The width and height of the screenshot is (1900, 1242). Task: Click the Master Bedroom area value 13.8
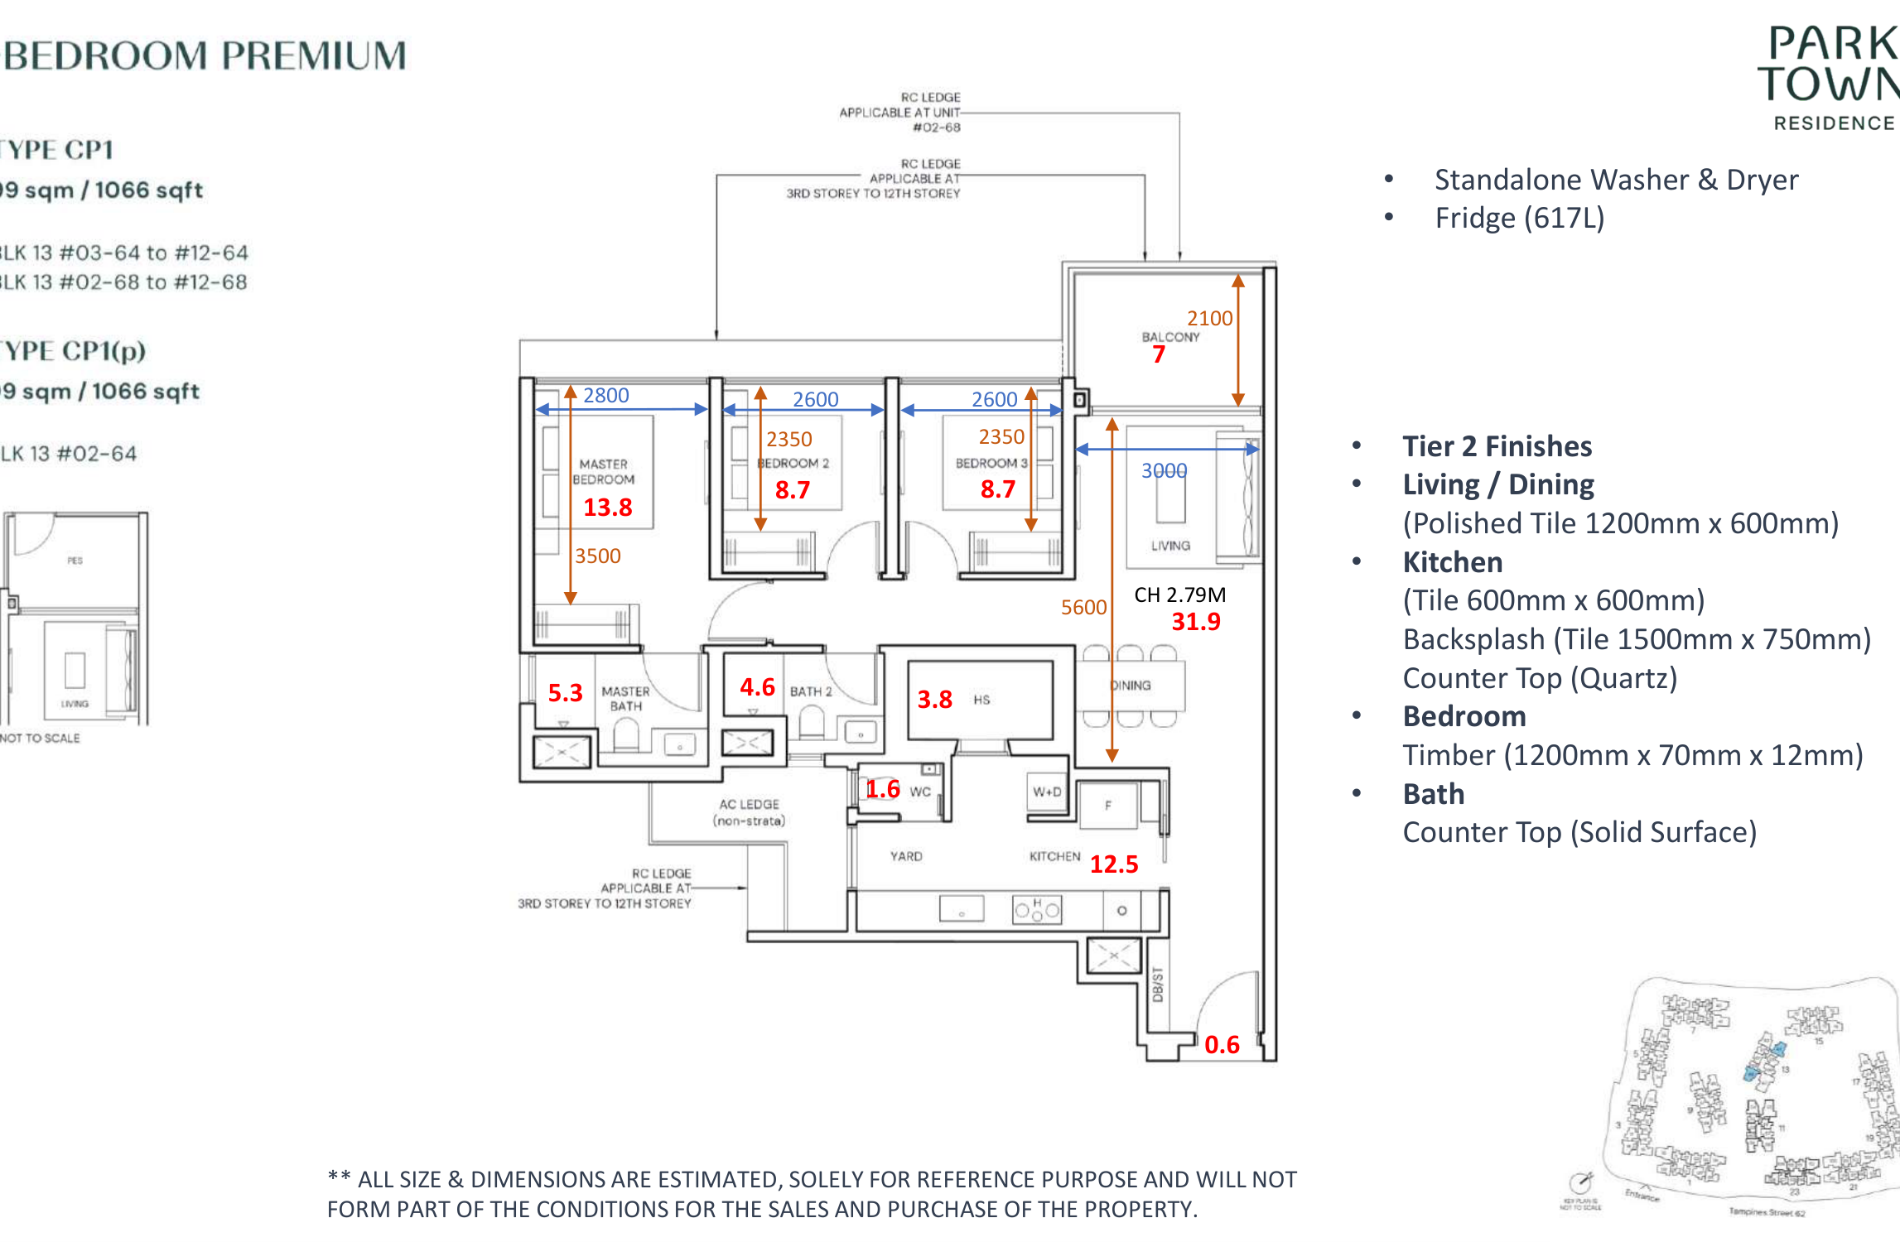pos(607,507)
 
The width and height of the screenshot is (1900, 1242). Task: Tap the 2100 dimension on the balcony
pos(1209,318)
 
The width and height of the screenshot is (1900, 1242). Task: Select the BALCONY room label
pos(1169,337)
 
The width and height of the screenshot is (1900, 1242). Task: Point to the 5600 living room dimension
pos(1083,607)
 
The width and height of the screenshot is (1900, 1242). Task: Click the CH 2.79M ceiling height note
pos(1179,595)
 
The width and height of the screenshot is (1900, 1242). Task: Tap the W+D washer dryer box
pos(1047,792)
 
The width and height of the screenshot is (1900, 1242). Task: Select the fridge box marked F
pos(1108,805)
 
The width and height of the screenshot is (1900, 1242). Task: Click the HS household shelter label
pos(981,700)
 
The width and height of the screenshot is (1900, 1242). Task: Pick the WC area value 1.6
pos(883,789)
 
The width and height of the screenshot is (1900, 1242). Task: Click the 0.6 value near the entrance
pos(1222,1044)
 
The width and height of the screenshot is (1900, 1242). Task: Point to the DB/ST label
pos(1158,984)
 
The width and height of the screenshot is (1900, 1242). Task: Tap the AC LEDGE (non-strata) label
pos(749,812)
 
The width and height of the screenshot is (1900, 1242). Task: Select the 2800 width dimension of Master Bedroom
pos(606,396)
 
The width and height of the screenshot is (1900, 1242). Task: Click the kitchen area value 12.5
pos(1114,864)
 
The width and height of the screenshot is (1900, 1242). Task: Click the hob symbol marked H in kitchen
pos(1036,909)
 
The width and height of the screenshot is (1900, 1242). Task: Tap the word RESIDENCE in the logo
pos(1834,123)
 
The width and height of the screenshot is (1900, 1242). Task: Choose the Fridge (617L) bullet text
pos(1519,218)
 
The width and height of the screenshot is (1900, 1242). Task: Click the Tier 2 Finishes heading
pos(1497,446)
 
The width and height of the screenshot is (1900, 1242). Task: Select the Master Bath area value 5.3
pos(565,692)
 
